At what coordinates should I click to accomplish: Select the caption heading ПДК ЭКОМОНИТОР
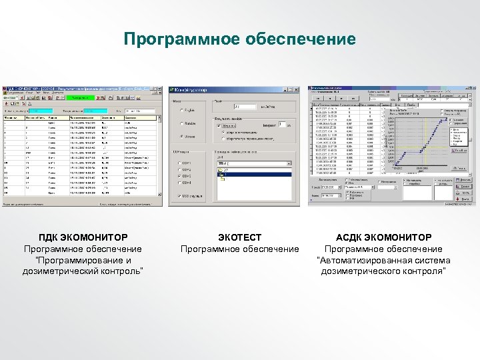click(x=83, y=237)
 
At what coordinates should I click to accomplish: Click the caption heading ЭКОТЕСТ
click(x=240, y=237)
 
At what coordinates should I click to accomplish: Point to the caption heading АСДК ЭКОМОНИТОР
click(x=383, y=237)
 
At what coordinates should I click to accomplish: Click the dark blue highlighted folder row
click(x=253, y=175)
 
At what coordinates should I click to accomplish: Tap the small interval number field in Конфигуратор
click(x=281, y=124)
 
